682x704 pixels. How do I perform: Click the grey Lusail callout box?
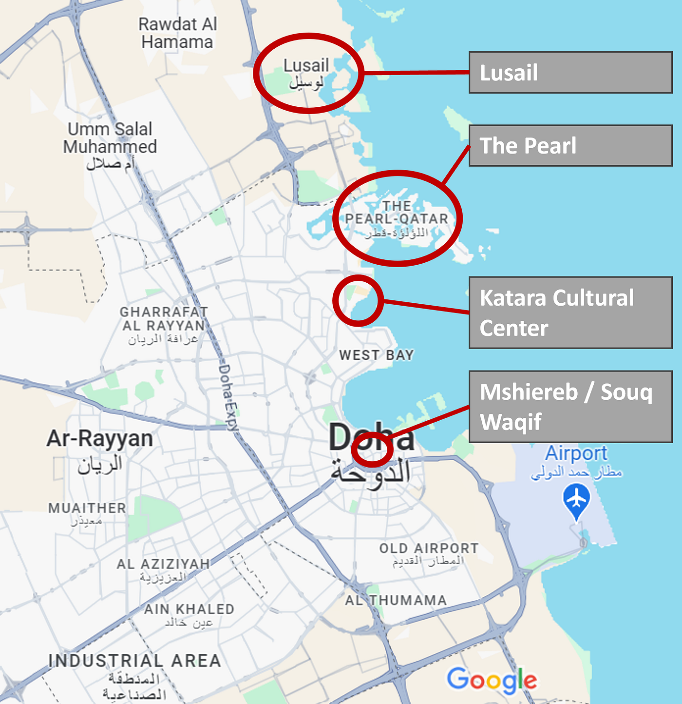click(570, 72)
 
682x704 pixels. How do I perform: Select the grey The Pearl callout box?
click(570, 145)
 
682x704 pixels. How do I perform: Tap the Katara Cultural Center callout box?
click(570, 313)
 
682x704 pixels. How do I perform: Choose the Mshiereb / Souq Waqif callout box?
click(570, 407)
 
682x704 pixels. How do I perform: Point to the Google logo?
click(492, 680)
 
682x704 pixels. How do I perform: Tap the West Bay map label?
click(376, 355)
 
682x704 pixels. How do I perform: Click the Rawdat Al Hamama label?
click(177, 33)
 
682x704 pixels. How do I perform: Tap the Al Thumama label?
click(396, 600)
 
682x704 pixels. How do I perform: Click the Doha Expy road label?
click(228, 397)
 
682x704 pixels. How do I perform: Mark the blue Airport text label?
click(576, 453)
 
